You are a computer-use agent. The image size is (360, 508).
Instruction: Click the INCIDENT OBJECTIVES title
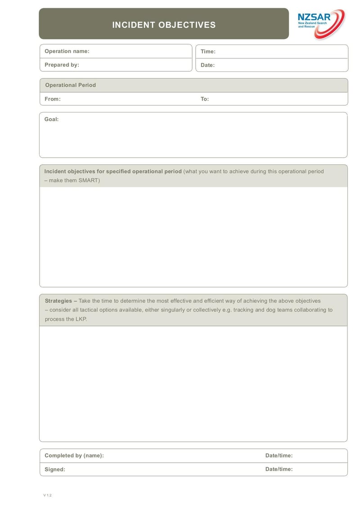(x=164, y=25)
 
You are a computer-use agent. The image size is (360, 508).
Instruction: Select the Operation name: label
(x=67, y=51)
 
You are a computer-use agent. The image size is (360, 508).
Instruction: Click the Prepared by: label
(x=62, y=65)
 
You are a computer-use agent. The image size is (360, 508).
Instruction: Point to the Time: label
(x=208, y=52)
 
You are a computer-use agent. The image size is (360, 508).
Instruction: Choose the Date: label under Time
(x=207, y=65)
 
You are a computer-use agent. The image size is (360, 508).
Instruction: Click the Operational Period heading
(x=70, y=85)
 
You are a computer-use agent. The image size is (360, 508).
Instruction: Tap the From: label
(x=53, y=99)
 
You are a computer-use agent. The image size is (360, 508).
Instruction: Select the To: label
(x=205, y=99)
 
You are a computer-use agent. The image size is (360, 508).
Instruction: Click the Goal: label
(x=51, y=119)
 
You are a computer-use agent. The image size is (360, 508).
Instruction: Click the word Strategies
(x=58, y=301)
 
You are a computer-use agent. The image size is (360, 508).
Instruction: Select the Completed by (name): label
(x=74, y=455)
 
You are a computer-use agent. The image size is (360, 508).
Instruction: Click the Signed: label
(x=55, y=469)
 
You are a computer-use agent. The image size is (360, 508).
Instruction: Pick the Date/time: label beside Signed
(x=279, y=469)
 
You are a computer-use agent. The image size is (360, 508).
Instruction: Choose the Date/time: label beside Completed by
(x=279, y=455)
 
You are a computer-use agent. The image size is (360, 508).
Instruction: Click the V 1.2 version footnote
(x=48, y=495)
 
